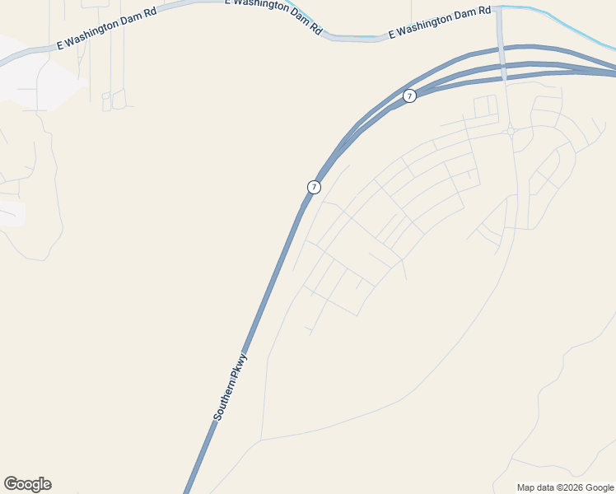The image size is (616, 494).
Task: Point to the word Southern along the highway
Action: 223,403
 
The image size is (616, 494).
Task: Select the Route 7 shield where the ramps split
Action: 409,96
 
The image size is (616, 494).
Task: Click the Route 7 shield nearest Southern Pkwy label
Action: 314,188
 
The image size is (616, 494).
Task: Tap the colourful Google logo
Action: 27,484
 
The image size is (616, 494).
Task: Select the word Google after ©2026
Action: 600,487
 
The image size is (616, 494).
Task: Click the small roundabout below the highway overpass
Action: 511,131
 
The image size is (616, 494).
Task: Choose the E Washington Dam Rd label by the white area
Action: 105,30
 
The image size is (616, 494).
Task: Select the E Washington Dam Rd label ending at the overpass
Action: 440,22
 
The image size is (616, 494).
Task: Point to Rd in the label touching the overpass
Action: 484,12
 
